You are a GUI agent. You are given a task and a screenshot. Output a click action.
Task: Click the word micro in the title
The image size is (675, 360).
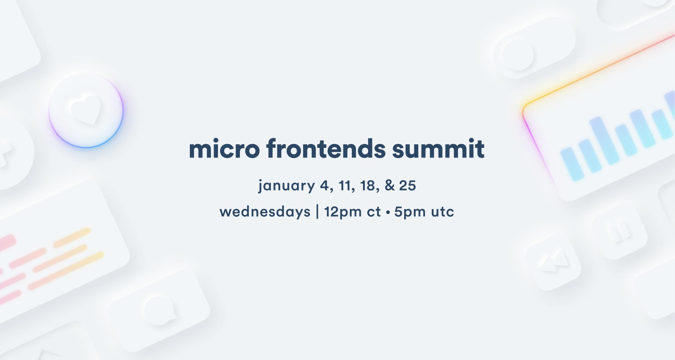coord(224,149)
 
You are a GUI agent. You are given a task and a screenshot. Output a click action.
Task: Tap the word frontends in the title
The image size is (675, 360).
coord(326,149)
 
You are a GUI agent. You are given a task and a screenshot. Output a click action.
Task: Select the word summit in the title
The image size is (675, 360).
coord(438,149)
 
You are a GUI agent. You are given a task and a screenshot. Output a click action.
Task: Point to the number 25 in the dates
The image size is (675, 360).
coord(407,186)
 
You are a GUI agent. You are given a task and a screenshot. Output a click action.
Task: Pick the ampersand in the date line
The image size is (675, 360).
coord(390,186)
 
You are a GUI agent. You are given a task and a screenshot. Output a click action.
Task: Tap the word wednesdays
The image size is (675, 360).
coord(265,212)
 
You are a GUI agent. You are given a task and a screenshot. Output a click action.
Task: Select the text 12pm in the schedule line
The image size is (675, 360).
coord(343,212)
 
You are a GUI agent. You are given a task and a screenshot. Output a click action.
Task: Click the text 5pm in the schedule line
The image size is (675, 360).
coord(410,212)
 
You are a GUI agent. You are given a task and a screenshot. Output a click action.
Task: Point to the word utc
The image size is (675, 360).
coord(443,212)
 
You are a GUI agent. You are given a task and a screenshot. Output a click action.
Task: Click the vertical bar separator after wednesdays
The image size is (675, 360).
coord(318,212)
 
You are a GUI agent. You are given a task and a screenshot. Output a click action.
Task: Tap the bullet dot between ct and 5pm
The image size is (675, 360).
coord(388,213)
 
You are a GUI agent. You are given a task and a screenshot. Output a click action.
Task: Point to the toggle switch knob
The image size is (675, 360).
coord(518,55)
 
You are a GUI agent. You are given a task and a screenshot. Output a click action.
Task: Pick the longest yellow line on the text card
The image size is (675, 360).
coord(66,271)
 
